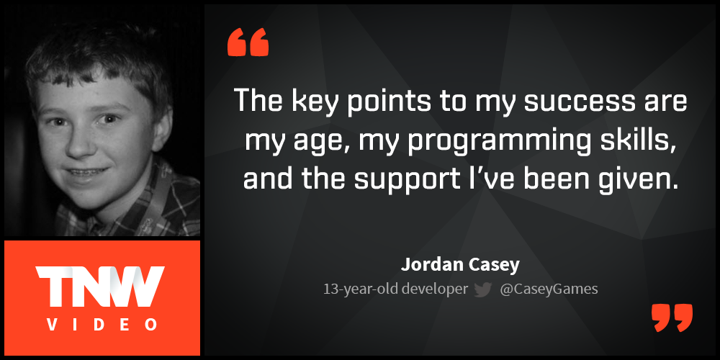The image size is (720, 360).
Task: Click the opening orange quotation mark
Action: point(248,42)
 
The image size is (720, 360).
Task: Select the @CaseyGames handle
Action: point(549,289)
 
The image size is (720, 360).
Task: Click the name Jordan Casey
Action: point(460,264)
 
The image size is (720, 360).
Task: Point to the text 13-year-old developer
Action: point(395,289)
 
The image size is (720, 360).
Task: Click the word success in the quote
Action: point(567,102)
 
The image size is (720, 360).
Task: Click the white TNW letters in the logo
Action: point(101,285)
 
